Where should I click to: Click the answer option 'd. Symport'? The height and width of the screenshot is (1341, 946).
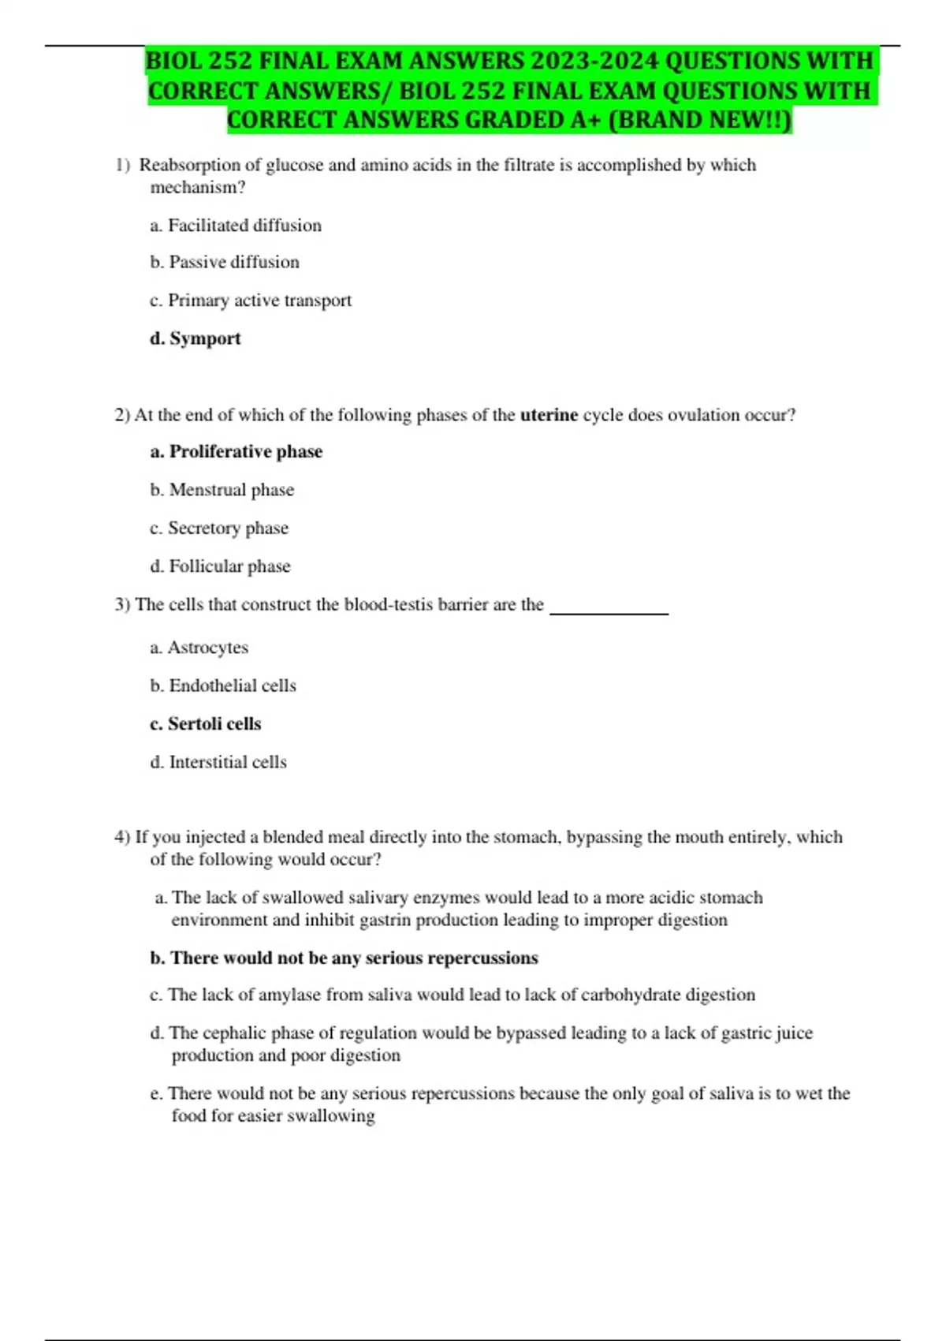tap(196, 338)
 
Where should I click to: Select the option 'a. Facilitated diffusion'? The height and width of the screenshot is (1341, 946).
tap(236, 226)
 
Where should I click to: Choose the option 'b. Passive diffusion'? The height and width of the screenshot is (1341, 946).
tap(225, 262)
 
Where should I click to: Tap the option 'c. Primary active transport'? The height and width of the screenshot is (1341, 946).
tap(251, 301)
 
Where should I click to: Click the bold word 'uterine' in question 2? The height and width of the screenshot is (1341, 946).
tap(549, 415)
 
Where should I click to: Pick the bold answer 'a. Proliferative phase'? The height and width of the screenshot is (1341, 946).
tap(236, 452)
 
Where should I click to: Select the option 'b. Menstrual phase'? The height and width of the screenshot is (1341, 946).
tap(222, 490)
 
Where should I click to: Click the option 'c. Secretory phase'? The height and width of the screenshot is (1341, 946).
tap(219, 528)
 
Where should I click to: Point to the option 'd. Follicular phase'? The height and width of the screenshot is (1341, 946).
tap(220, 566)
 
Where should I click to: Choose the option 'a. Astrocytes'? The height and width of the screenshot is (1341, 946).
tap(199, 648)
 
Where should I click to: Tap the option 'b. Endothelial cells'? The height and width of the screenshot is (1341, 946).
tap(223, 685)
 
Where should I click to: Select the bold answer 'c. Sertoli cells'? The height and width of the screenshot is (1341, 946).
tap(206, 724)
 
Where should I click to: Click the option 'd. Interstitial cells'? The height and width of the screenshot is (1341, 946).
tap(218, 762)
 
